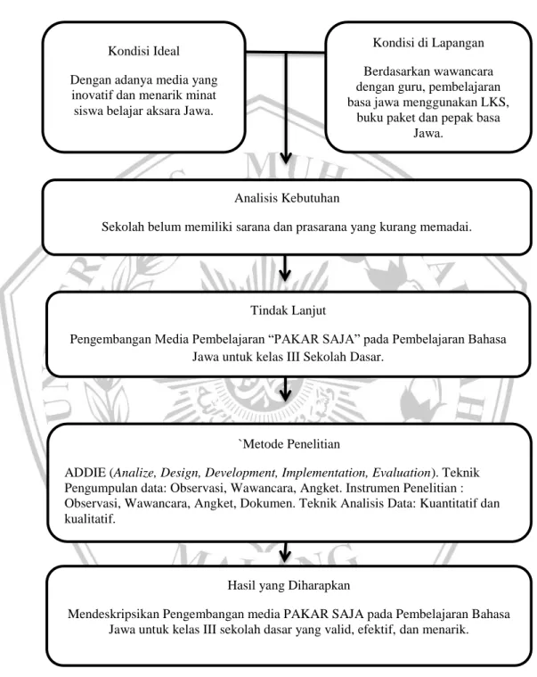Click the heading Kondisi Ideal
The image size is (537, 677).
coord(143,51)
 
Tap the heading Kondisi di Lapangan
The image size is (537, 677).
coord(428,43)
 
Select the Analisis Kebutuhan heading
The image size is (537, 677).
coord(287,198)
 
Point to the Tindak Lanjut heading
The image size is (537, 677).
coord(288,310)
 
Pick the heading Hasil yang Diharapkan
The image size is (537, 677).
coord(289,585)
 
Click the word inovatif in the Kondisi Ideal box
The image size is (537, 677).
coord(90,95)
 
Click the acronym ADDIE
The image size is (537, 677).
coord(85,473)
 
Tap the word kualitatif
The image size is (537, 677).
coord(90,518)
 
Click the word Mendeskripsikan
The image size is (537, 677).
coord(113,614)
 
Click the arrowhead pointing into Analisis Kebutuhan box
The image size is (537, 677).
coord(285,157)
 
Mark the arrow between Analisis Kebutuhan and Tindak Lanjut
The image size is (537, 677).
coord(285,268)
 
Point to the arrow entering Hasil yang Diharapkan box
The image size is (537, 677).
coord(285,551)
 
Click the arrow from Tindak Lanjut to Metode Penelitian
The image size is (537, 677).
coord(285,389)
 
